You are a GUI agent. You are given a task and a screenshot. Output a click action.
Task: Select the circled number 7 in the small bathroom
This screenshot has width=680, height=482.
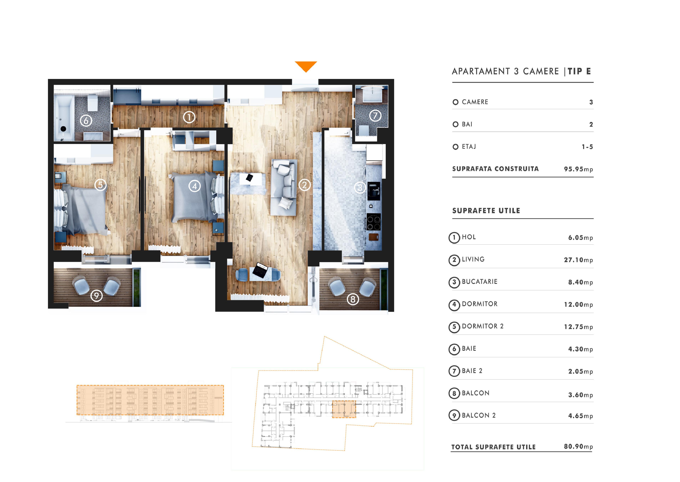click(x=375, y=116)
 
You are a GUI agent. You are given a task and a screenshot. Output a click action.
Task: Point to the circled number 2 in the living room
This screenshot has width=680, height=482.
click(x=304, y=185)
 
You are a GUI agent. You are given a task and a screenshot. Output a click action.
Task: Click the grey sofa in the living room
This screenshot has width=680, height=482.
click(x=284, y=187)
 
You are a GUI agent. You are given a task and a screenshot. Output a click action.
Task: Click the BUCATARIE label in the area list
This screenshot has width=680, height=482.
click(x=479, y=282)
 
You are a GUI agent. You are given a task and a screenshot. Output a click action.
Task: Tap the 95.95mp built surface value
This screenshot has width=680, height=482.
click(x=578, y=169)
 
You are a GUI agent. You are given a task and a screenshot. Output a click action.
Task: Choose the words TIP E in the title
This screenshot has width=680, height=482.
click(x=579, y=71)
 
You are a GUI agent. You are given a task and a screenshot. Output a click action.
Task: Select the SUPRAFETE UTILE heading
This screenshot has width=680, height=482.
click(x=486, y=211)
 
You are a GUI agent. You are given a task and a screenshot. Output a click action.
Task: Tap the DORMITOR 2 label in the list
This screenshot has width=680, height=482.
click(x=482, y=326)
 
